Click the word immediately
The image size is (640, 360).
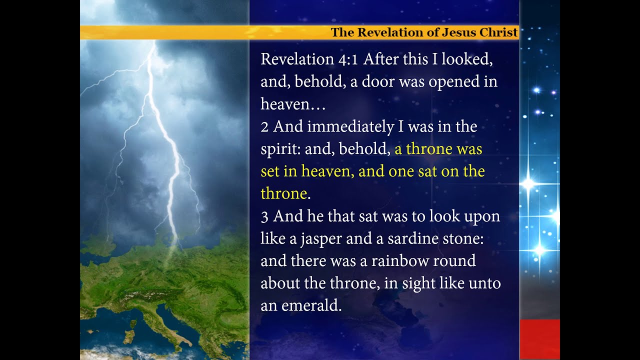coord(350,127)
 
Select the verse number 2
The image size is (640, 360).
coord(264,127)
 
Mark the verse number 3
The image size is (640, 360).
coord(264,216)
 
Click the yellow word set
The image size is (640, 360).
coord(269,172)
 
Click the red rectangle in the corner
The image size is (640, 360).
coord(539,339)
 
